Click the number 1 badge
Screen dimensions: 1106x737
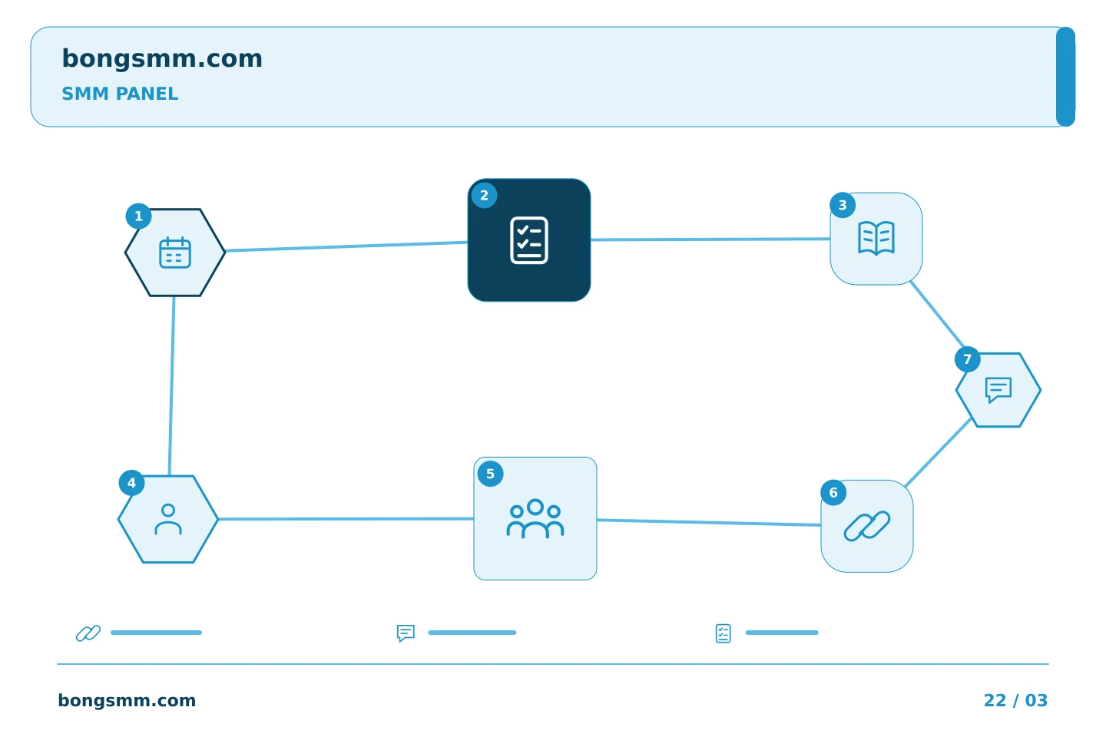138,216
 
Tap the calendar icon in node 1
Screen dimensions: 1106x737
175,253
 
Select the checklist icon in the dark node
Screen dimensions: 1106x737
528,240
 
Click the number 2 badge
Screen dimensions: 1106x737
484,196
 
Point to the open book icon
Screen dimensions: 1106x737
876,239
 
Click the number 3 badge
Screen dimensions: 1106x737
843,205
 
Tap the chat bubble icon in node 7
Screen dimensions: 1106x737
998,390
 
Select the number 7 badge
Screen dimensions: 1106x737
967,359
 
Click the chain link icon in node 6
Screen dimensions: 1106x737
866,526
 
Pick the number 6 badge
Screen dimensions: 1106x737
833,493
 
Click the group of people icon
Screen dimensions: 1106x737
535,518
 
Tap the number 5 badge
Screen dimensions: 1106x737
490,474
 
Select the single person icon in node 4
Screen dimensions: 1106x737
168,519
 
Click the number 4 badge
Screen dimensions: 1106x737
131,483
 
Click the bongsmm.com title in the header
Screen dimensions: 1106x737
162,59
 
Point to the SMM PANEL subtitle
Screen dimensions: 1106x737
120,94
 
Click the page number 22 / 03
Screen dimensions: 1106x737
1015,700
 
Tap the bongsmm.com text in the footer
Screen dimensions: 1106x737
127,700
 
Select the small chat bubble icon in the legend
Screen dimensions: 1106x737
406,633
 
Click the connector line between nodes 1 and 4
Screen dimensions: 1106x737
171,386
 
